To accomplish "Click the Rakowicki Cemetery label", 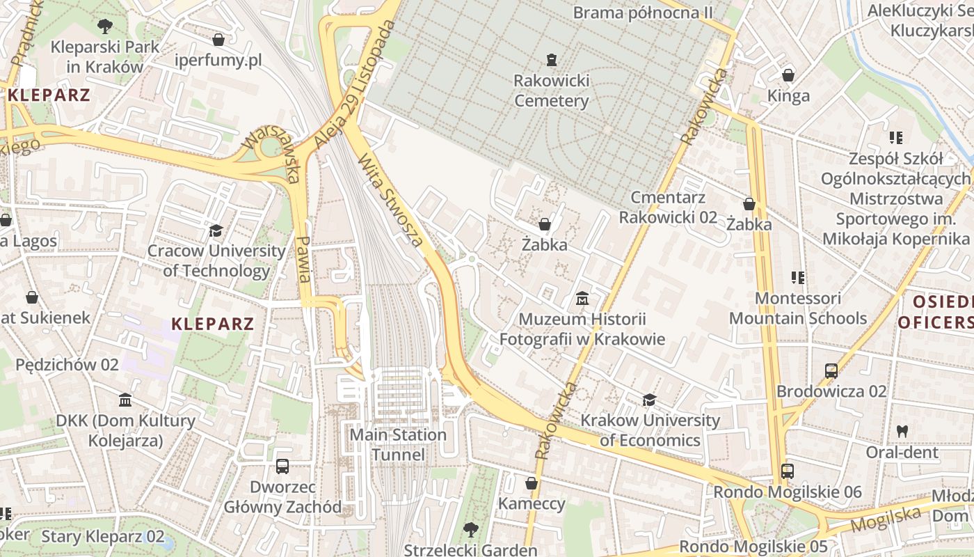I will coord(552,91).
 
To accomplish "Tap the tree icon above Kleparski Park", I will coord(105,27).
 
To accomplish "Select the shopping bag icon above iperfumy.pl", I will coord(218,40).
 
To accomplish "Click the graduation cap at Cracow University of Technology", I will coord(216,230).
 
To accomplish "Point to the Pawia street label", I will coord(303,258).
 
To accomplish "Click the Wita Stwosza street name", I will coord(390,201).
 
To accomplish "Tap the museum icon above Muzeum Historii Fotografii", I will coord(582,299).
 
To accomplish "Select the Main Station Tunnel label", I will coord(398,445).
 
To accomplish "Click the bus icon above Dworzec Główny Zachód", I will coord(282,466).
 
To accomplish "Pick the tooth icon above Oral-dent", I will coord(902,432).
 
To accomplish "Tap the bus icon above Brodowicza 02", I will coord(831,370).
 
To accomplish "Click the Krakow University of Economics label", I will coord(650,430).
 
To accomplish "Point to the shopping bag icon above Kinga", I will coord(788,75).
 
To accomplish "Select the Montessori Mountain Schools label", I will coord(798,308).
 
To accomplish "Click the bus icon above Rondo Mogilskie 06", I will coord(788,471).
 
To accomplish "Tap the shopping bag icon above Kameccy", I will coord(532,483).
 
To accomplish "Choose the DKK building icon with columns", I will coord(125,400).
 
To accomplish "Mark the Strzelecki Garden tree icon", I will coord(470,530).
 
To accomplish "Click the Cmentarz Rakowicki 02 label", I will coord(668,207).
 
